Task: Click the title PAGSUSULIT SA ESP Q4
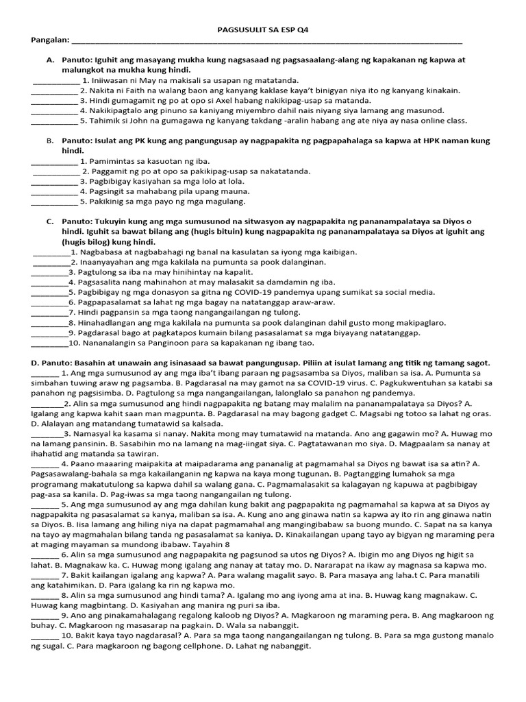click(x=263, y=30)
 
